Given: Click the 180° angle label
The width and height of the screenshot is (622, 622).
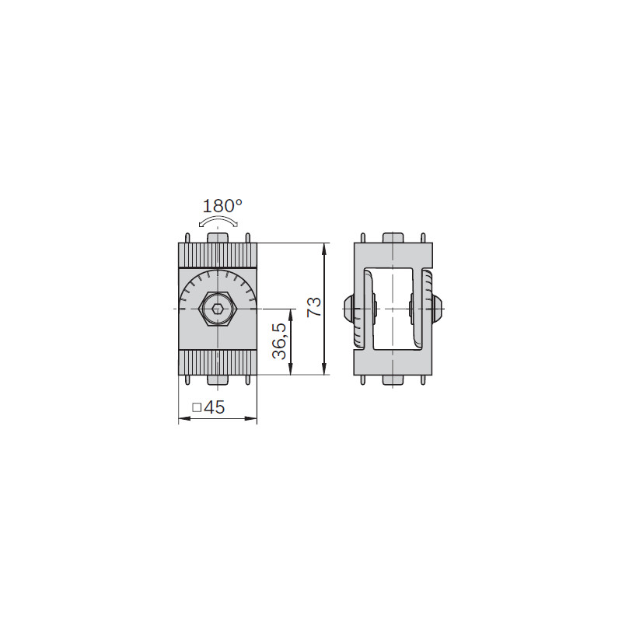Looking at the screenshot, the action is pos(222,206).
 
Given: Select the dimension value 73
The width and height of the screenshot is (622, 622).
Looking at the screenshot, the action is pos(315,307).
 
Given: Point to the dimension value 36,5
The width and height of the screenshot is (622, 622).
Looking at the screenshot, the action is pos(279,341).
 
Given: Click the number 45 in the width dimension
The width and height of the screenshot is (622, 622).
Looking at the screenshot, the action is pos(215,407).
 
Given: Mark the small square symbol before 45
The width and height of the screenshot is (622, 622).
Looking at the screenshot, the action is pos(197,407).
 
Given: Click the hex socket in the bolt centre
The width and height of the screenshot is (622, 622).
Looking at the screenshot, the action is pos(217,309).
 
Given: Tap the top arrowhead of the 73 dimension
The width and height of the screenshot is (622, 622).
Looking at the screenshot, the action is pos(324,249).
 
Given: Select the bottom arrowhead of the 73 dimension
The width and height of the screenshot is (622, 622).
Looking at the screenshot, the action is pos(324,369).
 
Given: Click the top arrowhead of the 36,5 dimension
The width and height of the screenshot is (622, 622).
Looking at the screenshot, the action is pos(291,315).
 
